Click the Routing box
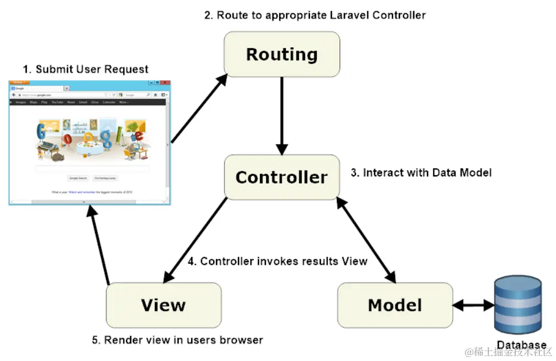(281, 54)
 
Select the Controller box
(281, 177)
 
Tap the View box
(163, 305)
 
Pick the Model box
(395, 305)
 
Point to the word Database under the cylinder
(521, 345)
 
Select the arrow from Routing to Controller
(282, 115)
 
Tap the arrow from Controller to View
(196, 239)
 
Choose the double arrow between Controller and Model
(366, 240)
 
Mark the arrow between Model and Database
(473, 305)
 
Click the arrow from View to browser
(100, 247)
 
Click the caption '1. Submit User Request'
(85, 69)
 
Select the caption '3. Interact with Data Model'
(421, 173)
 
